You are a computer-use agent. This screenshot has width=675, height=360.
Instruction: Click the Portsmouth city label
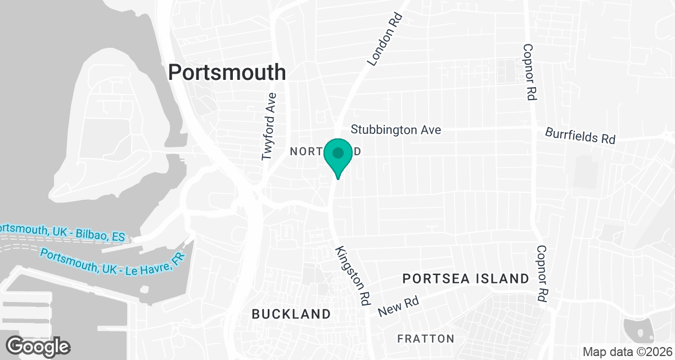click(227, 73)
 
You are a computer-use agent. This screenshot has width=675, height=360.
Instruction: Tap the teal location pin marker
click(338, 157)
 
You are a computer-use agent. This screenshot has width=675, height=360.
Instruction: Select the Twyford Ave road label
click(270, 126)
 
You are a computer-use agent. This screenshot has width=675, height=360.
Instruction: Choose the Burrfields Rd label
click(580, 135)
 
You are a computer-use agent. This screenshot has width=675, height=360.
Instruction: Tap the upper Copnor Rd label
click(528, 73)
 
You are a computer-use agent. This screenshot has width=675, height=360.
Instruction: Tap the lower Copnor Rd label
click(542, 274)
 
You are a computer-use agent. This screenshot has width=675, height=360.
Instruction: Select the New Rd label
click(398, 307)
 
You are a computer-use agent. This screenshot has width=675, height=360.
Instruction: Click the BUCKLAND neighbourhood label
click(291, 314)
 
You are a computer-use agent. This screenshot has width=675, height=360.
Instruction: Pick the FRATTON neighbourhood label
click(425, 339)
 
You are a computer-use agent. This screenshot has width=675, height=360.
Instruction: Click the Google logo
click(38, 345)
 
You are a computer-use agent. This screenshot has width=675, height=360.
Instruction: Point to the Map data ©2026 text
click(627, 352)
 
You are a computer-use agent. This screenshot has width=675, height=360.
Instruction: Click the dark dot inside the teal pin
click(338, 152)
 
